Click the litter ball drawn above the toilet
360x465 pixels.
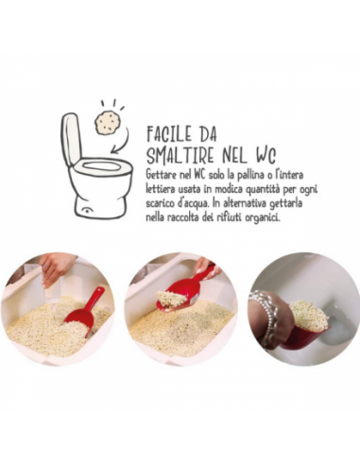coord(107,121)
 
